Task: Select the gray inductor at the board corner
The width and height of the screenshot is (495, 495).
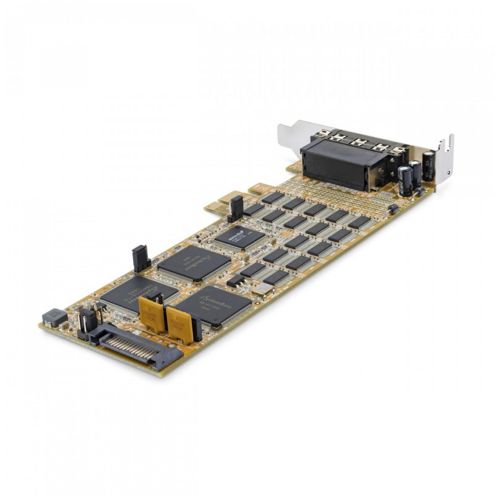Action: tap(54, 317)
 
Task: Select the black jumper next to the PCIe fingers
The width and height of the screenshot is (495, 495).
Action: tap(236, 209)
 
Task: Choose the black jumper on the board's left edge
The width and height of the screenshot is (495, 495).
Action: tap(140, 258)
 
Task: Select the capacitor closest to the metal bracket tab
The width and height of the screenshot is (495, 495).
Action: tap(428, 166)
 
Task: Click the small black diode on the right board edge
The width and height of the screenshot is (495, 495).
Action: tap(392, 210)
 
